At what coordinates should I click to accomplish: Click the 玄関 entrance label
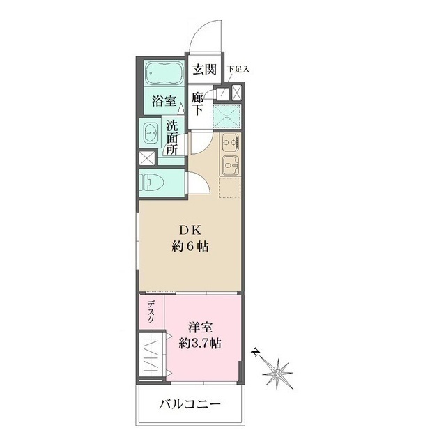tap(205, 70)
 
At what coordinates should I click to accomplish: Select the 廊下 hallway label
tap(199, 105)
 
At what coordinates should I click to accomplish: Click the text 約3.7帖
tap(201, 343)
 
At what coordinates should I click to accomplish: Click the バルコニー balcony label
tap(190, 404)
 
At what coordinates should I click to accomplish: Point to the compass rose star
tap(278, 374)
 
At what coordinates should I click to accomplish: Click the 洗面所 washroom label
tap(173, 138)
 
